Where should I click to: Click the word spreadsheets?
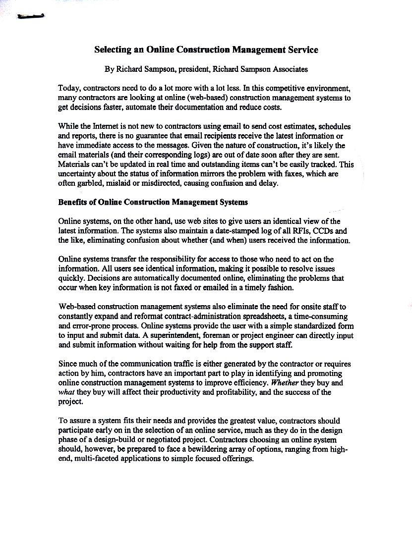tap(271, 316)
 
